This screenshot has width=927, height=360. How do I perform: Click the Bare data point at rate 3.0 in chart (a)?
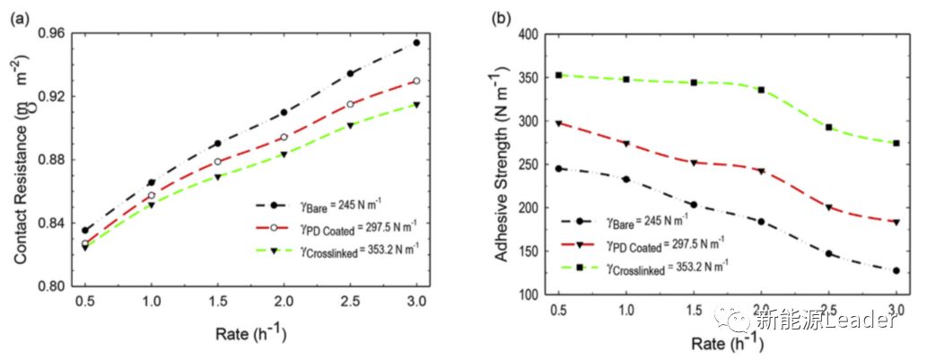(416, 42)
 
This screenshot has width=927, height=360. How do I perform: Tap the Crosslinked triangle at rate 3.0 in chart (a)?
(416, 105)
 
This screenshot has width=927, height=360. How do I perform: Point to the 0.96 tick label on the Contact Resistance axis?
(43, 34)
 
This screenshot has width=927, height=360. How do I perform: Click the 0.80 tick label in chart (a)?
(43, 286)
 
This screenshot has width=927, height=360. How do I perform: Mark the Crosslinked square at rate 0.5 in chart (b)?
(558, 75)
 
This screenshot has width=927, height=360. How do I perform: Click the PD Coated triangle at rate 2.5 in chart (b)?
(829, 207)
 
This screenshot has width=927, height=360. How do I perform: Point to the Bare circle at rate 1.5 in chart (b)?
(693, 205)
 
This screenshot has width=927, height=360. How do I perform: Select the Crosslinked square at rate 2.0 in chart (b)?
(761, 90)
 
